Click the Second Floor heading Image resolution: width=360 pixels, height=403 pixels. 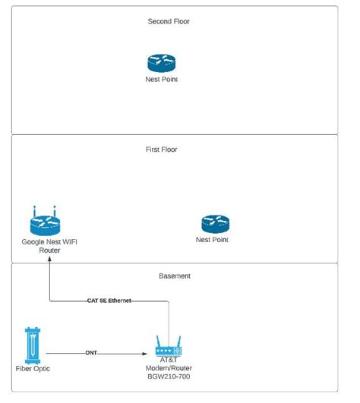[x=168, y=21]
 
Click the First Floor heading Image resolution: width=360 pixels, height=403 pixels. [x=161, y=150]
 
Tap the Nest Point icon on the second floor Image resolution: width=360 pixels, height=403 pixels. [x=161, y=63]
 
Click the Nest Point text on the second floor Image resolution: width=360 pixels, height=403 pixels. [x=161, y=79]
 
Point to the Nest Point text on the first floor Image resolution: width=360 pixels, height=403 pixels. [x=212, y=240]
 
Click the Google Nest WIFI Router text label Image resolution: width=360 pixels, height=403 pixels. [x=49, y=245]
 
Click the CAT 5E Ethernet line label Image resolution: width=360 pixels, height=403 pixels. [x=109, y=301]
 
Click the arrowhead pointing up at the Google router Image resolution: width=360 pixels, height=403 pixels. [x=50, y=258]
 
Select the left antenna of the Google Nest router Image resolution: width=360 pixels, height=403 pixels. [x=34, y=209]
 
